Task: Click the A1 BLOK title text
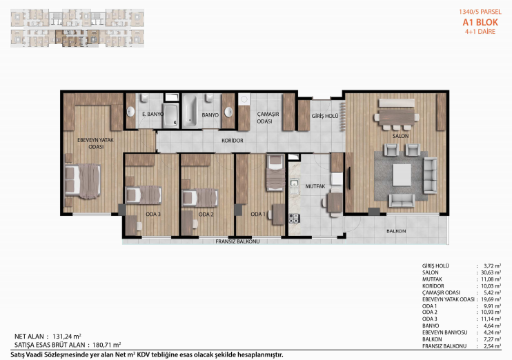[x=480, y=22]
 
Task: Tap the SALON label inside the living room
[x=400, y=136]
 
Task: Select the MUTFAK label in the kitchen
[x=315, y=186]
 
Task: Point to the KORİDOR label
[x=232, y=141]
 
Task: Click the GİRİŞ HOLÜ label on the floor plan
[x=325, y=116]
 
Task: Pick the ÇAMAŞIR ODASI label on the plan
[x=268, y=117]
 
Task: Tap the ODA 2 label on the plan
[x=206, y=214]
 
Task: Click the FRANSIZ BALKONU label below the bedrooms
[x=237, y=241]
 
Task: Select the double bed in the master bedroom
[x=83, y=181]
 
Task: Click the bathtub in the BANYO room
[x=190, y=111]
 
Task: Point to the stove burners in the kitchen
[x=294, y=218]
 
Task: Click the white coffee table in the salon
[x=402, y=175]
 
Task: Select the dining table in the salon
[x=396, y=117]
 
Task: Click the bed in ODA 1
[x=275, y=173]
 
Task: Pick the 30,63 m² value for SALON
[x=491, y=272]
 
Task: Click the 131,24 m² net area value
[x=67, y=336]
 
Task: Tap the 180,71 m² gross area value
[x=107, y=345]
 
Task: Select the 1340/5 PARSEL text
[x=480, y=12]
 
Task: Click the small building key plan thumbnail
[x=77, y=28]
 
